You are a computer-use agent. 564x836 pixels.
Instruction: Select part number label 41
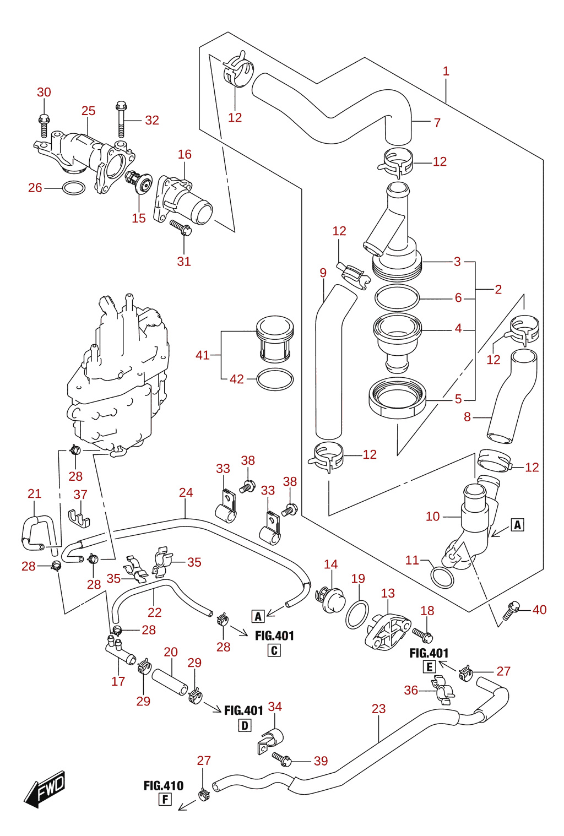tap(203, 355)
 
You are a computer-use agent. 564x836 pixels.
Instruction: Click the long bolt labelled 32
tap(121, 119)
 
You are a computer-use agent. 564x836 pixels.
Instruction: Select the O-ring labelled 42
tap(275, 379)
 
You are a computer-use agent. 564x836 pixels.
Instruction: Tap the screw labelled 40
tap(511, 610)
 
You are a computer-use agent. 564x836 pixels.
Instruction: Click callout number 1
tap(446, 71)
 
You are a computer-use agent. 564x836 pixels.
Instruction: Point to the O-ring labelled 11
tap(442, 577)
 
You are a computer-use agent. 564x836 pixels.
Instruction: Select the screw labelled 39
tap(281, 758)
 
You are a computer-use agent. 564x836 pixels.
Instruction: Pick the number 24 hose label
tap(186, 493)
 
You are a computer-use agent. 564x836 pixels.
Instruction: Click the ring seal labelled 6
tap(397, 297)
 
